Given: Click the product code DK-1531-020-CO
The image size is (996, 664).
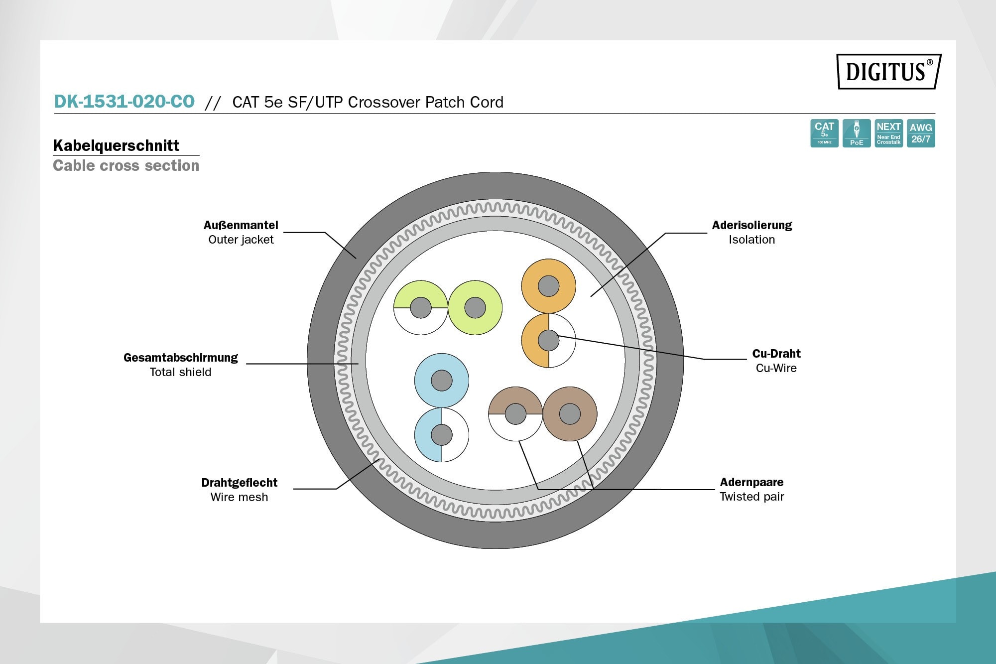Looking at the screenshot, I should (x=124, y=102).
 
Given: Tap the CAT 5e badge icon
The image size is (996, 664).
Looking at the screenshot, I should (x=824, y=133).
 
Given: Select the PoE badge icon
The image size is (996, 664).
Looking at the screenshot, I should (x=857, y=133).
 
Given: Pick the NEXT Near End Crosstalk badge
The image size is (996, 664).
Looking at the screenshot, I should (x=888, y=133).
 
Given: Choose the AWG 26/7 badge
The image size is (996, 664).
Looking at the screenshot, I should (x=921, y=133).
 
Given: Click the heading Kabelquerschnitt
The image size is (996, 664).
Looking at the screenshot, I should (x=116, y=145).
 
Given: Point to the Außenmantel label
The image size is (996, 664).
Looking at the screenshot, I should (x=241, y=225).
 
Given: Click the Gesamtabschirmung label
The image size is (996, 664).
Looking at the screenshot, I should (x=180, y=358).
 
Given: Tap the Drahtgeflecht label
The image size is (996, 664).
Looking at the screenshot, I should (x=239, y=483).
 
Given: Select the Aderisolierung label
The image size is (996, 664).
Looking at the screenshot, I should (x=751, y=225).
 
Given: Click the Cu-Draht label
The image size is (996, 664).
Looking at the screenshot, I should (x=776, y=354).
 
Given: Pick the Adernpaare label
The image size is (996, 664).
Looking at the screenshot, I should (x=751, y=482).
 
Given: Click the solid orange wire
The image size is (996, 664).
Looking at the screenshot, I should (x=548, y=286).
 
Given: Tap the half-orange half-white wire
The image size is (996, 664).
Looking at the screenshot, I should (x=548, y=341).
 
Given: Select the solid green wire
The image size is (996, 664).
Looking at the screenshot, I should (x=475, y=308).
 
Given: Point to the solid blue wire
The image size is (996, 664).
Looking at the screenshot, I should (x=441, y=381).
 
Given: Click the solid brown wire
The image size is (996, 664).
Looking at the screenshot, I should (x=570, y=413).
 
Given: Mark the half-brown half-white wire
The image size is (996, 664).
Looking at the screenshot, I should (x=515, y=414).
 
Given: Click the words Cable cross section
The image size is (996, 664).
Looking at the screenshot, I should (x=126, y=166).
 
